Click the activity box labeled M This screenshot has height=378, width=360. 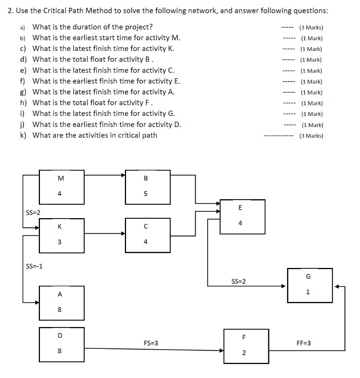[x=62, y=187]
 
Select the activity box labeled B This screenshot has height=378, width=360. [x=147, y=187]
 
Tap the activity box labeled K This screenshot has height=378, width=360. [x=62, y=235]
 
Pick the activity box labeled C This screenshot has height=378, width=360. [x=147, y=235]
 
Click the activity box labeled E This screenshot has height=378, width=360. [x=242, y=217]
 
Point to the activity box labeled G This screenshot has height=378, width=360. [x=310, y=285]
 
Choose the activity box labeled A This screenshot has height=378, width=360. [x=62, y=303]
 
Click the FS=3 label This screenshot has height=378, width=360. [x=151, y=343]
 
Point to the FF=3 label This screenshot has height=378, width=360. [x=304, y=343]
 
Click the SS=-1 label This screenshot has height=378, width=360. [x=34, y=265]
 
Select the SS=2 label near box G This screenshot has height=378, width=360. [x=238, y=282]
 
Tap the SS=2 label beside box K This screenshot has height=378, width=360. [x=33, y=213]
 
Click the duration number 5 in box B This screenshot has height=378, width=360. [x=146, y=194]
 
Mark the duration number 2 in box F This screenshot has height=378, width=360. [x=244, y=353]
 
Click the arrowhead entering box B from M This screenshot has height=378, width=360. [x=123, y=175]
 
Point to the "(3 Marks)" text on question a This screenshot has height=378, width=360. [x=311, y=27]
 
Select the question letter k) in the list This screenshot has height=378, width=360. [x=23, y=135]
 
